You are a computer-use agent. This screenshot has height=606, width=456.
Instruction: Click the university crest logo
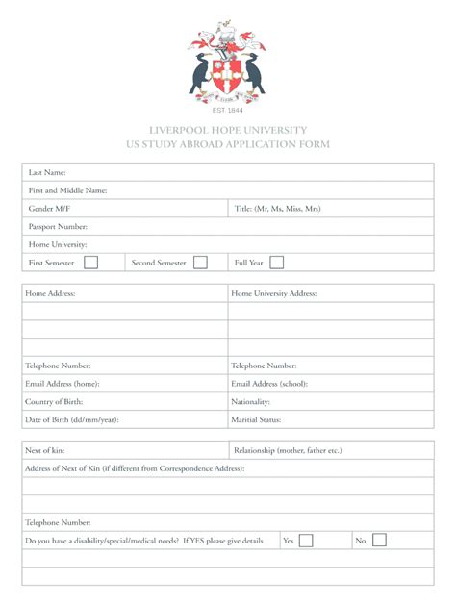coord(227,60)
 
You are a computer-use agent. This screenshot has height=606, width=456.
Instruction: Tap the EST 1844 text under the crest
coord(227,110)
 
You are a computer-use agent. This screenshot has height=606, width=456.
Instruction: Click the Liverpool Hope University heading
coord(228,130)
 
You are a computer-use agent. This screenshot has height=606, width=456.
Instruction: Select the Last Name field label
coord(46,172)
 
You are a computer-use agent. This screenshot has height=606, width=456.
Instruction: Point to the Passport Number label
coord(58,227)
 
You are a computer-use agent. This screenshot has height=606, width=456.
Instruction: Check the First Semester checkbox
coord(90,263)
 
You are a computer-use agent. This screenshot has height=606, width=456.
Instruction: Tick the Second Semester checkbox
coord(200,263)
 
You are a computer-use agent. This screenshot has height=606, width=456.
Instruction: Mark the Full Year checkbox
coord(277,263)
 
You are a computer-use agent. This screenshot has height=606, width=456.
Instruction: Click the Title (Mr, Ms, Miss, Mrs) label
coord(278,209)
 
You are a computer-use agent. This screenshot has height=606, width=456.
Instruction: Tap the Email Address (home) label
coord(62,384)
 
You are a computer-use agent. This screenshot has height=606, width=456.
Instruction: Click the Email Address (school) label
coord(269,384)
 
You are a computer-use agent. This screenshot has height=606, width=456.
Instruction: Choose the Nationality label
coord(250,402)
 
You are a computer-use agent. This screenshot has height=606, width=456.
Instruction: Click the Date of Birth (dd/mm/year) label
coord(72,420)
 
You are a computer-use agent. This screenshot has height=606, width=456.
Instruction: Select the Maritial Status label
coord(256,420)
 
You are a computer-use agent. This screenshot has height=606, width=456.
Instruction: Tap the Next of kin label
coord(45,450)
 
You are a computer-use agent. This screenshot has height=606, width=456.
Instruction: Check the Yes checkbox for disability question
coord(305,541)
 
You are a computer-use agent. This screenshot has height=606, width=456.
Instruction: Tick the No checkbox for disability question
coord(379,541)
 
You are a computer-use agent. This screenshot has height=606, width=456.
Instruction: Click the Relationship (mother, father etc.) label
coord(288,450)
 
